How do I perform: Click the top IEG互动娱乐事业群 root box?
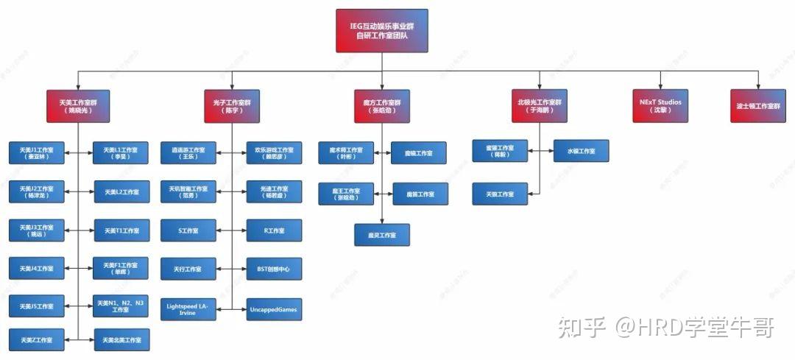tap(381, 31)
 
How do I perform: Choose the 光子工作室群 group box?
tap(233, 105)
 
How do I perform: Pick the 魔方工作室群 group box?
tap(381, 105)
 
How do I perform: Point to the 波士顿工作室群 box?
tap(757, 105)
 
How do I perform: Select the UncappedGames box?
tap(273, 310)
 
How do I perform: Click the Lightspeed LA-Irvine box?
tap(188, 310)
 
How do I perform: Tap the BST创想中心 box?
tap(273, 269)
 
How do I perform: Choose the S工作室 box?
tap(188, 230)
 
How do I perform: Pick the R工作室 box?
tap(273, 230)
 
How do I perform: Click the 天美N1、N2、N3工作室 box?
tap(121, 306)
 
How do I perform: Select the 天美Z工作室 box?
tap(37, 339)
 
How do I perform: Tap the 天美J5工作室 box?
tap(37, 306)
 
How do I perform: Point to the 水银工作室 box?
tap(581, 151)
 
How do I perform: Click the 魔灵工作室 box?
tap(381, 235)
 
